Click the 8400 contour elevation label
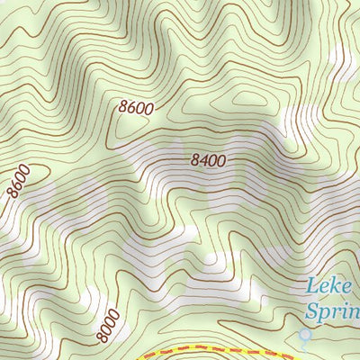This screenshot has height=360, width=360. [x=207, y=161]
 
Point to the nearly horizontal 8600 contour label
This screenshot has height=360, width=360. [x=136, y=107]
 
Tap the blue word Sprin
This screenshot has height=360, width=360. [x=333, y=312]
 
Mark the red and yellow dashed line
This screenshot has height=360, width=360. [x=207, y=346]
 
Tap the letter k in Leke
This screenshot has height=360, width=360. [x=337, y=286]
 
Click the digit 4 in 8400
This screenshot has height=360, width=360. [x=202, y=161]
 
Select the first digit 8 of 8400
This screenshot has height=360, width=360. [x=193, y=160]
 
